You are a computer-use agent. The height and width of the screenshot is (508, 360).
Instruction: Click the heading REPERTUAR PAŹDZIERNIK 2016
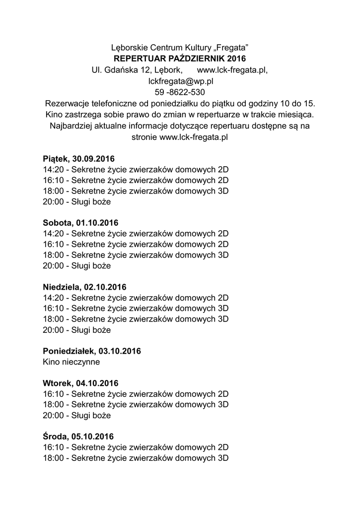tap(180, 59)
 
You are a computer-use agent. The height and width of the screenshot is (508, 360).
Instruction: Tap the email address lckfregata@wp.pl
tap(180, 81)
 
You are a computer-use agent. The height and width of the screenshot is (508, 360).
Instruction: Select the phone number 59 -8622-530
tap(180, 92)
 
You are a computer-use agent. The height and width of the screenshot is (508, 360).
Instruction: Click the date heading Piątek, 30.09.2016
tap(79, 159)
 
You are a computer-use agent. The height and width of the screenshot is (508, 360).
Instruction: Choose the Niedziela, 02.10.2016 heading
tap(85, 287)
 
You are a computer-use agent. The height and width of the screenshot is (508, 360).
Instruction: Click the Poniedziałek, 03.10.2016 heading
tap(92, 351)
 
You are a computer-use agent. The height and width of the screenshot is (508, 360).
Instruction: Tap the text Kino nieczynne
tap(72, 362)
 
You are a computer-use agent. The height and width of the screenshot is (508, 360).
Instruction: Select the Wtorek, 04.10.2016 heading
tap(81, 383)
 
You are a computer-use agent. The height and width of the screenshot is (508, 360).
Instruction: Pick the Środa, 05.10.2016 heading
tap(78, 437)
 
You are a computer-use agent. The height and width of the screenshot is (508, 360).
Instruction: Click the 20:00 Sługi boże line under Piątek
tap(77, 202)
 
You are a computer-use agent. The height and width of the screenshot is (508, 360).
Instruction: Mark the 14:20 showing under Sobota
tap(136, 234)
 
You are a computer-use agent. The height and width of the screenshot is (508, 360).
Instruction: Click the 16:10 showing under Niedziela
tap(136, 309)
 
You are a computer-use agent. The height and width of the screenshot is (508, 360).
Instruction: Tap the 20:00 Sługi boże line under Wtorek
tap(77, 415)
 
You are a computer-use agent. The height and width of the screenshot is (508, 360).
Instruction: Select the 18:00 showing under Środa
tap(136, 458)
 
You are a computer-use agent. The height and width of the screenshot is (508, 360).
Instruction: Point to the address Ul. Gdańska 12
tap(121, 70)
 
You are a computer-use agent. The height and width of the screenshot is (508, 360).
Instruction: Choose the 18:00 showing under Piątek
tap(136, 191)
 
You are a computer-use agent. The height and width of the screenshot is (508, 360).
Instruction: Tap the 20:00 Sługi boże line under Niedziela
tap(77, 330)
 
